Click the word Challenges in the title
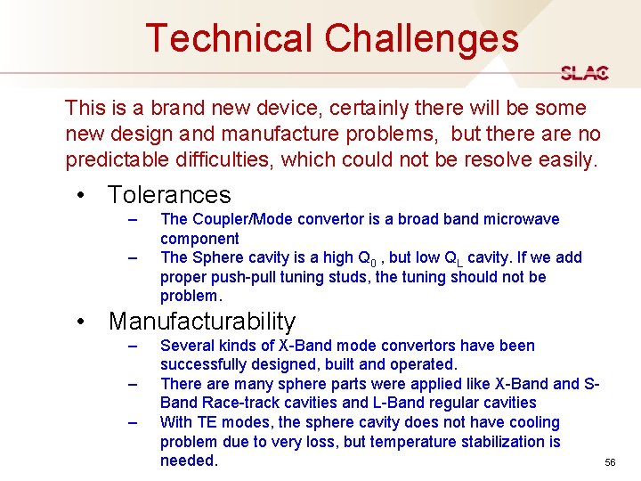pyautogui.click(x=421, y=38)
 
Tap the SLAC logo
pyautogui.click(x=585, y=73)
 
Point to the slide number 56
pyautogui.click(x=610, y=463)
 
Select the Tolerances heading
pyautogui.click(x=169, y=194)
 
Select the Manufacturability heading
pyautogui.click(x=201, y=321)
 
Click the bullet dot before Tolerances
pyautogui.click(x=81, y=195)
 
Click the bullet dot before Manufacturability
pyautogui.click(x=81, y=322)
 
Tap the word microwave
pyautogui.click(x=528, y=219)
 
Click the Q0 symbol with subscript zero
pyautogui.click(x=365, y=258)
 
